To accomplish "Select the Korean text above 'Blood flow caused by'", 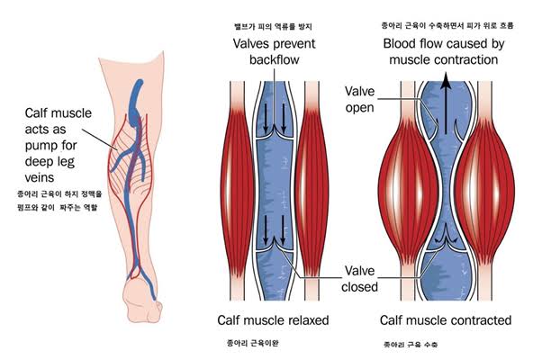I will (440, 22).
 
